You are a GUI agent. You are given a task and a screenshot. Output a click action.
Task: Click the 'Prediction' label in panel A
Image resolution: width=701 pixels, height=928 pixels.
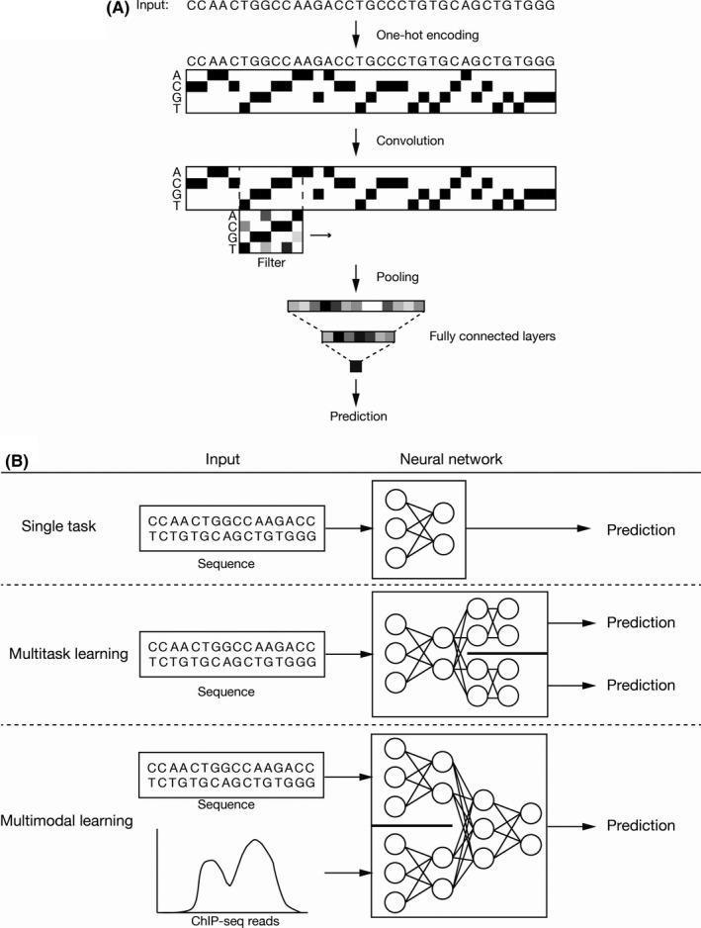coord(357,417)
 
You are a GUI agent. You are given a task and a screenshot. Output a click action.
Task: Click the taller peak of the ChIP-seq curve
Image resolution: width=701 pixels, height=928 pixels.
coord(257,842)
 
